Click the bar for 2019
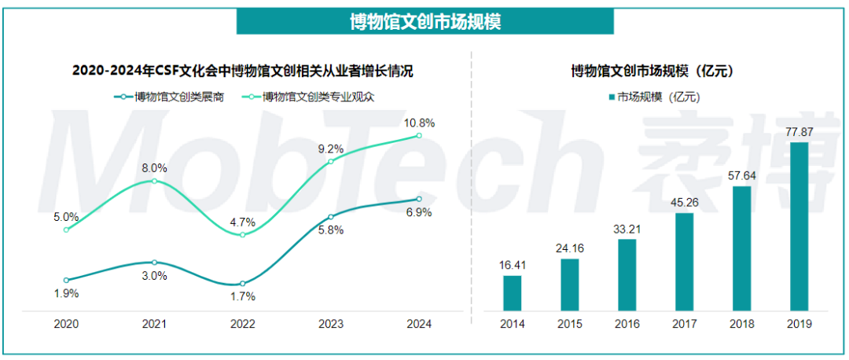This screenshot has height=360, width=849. [x=799, y=226]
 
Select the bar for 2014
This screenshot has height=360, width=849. [x=513, y=292]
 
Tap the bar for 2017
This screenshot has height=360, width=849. [x=684, y=261]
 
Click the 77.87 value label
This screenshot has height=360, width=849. [x=799, y=131]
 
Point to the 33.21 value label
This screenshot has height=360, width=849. [x=627, y=229]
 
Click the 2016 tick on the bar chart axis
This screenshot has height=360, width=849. [x=627, y=323]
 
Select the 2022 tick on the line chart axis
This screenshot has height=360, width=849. [x=242, y=323]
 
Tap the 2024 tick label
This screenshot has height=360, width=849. [x=419, y=323]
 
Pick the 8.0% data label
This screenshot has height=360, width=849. [x=154, y=167]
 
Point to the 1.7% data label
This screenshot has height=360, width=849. [x=242, y=296]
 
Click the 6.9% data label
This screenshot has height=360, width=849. [x=418, y=213]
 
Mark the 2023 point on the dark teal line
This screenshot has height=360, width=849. [x=331, y=217]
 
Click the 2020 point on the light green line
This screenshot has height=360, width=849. [x=66, y=230]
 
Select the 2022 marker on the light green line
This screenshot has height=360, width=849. [x=242, y=235]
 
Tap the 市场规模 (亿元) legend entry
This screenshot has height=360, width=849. [x=653, y=97]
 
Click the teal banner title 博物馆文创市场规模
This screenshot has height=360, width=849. [x=425, y=21]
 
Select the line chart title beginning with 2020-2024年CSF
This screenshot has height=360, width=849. [x=242, y=71]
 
